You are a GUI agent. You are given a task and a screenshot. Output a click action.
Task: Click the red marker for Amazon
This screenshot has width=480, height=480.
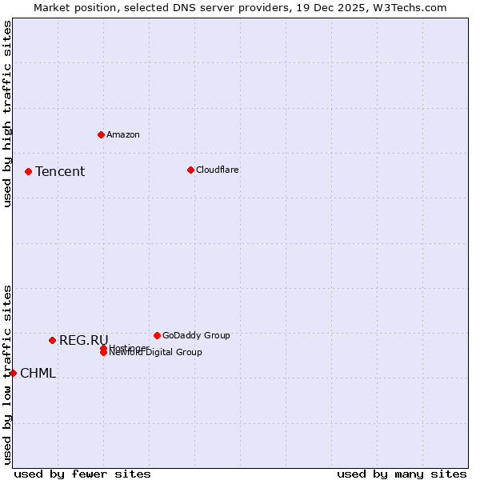click(102, 134)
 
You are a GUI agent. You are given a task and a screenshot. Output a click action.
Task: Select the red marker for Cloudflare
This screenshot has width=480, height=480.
click(190, 170)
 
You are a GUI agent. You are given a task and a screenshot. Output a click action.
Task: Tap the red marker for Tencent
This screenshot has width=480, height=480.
click(28, 171)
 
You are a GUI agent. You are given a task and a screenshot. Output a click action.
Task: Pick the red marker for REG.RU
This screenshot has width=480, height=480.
click(53, 340)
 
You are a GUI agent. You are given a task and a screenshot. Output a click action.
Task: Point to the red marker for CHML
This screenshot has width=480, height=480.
click(13, 373)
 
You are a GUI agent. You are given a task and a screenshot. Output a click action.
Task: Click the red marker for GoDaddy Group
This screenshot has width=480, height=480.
click(157, 335)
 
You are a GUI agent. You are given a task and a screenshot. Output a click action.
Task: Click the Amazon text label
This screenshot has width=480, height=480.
click(123, 134)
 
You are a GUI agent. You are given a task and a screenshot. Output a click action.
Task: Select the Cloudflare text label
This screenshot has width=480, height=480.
click(218, 170)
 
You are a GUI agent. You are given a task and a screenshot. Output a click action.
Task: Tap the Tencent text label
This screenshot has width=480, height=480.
click(60, 171)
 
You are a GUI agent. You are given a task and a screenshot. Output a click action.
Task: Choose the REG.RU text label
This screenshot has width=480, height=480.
click(84, 340)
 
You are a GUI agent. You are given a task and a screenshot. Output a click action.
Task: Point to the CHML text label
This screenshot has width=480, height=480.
click(38, 373)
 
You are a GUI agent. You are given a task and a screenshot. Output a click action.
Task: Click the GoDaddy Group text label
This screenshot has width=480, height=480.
click(196, 335)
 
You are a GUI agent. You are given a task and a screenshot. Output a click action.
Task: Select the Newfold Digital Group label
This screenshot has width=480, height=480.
click(156, 353)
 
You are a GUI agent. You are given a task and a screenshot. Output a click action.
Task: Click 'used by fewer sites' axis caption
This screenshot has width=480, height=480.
click(82, 474)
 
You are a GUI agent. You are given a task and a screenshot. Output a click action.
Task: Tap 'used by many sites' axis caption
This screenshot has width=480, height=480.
click(402, 474)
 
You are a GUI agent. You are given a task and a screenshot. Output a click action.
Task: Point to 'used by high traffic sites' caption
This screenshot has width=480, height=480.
click(7, 114)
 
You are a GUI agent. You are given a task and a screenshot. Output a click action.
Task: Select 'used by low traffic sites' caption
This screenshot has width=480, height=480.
click(7, 374)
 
